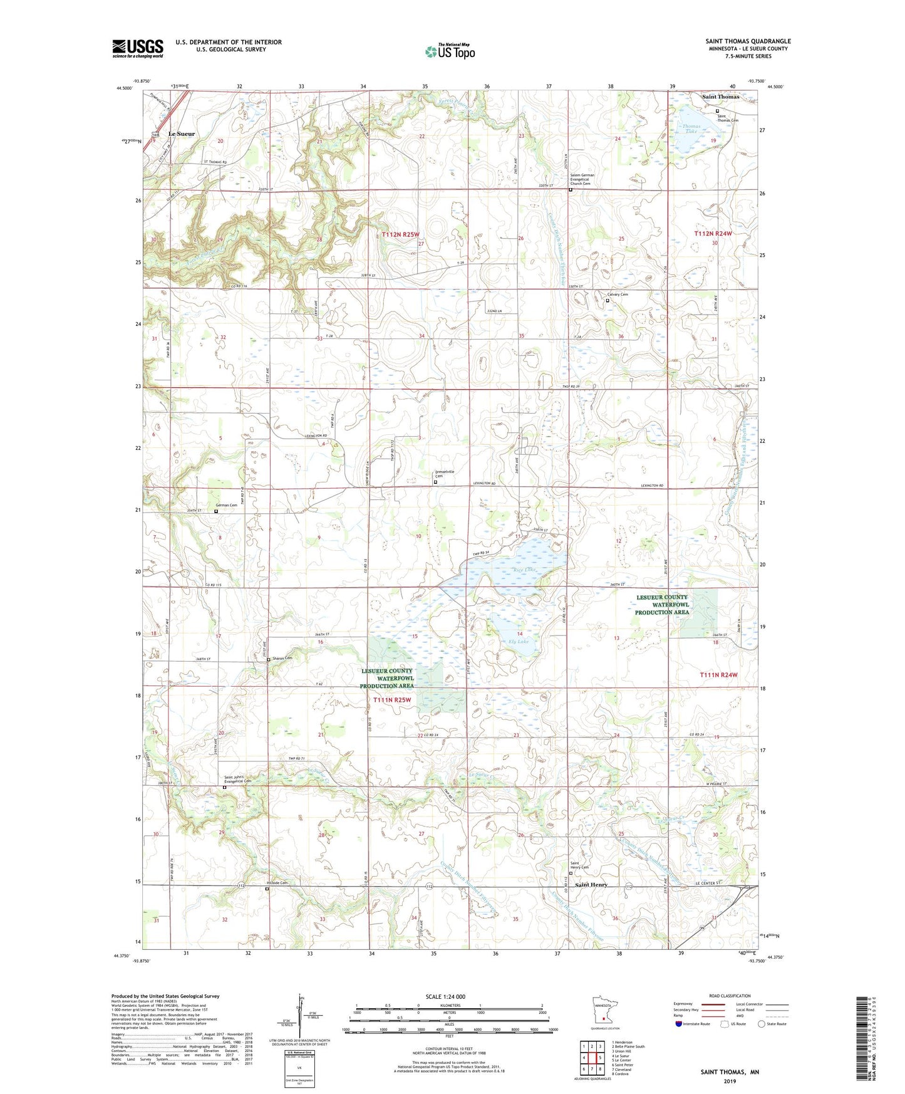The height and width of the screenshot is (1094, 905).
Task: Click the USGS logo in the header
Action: pyautogui.click(x=137, y=48)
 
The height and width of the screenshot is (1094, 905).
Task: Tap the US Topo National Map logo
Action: pyautogui.click(x=450, y=51)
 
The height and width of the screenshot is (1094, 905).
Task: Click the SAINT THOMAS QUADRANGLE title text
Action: pyautogui.click(x=748, y=41)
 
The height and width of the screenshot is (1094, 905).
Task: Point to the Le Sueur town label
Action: pyautogui.click(x=182, y=134)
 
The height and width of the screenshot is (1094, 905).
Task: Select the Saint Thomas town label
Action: pyautogui.click(x=720, y=97)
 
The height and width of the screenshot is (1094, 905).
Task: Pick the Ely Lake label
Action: pyautogui.click(x=519, y=642)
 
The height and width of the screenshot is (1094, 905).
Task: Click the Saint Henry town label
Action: pyautogui.click(x=591, y=885)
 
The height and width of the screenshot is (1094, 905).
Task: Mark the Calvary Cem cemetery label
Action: pyautogui.click(x=618, y=294)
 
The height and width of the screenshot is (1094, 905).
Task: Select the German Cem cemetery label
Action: pyautogui.click(x=226, y=505)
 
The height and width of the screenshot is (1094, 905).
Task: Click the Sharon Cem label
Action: pyautogui.click(x=282, y=658)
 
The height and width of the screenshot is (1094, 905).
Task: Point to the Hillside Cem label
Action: pyautogui.click(x=277, y=883)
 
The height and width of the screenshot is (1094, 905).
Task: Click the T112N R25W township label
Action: pyautogui.click(x=400, y=234)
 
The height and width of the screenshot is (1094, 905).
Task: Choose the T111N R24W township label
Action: pyautogui.click(x=718, y=675)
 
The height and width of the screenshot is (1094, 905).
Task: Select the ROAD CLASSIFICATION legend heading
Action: pyautogui.click(x=730, y=996)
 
